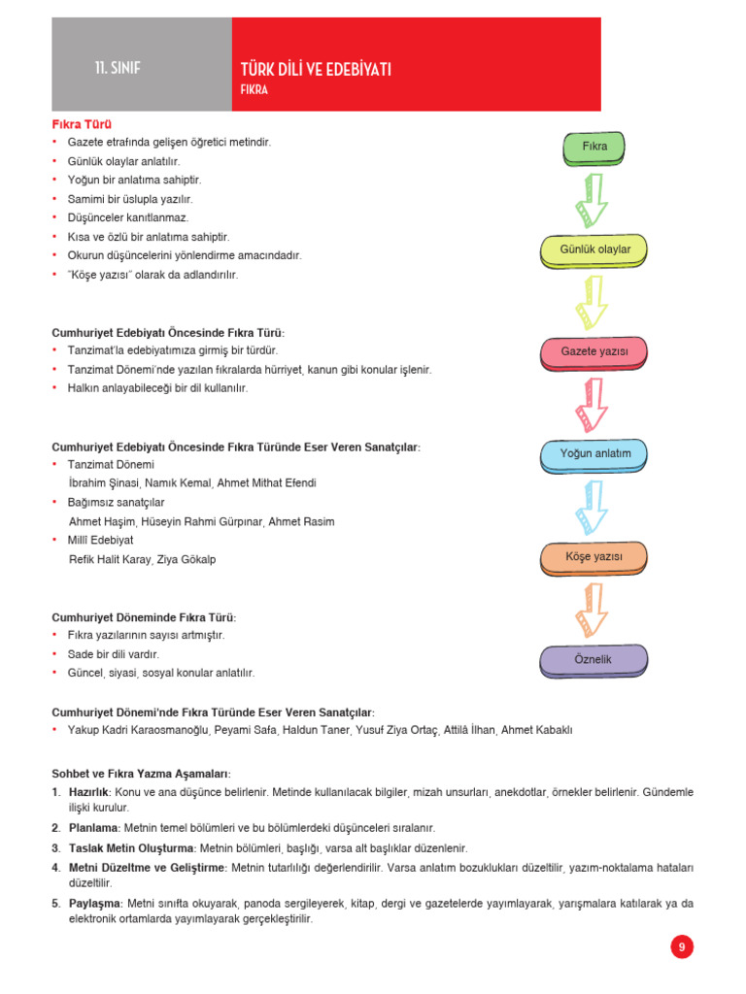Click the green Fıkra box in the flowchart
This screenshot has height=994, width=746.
[594, 147]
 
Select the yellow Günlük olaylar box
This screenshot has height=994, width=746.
[594, 250]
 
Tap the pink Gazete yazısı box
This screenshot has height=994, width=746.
[594, 351]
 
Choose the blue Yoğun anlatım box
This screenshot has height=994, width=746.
[594, 454]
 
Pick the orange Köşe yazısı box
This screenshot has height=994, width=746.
[594, 557]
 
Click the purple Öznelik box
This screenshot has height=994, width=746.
[594, 660]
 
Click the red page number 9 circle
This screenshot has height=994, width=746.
[682, 947]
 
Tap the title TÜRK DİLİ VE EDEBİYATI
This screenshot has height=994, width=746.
[316, 69]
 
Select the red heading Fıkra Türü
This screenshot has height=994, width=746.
[82, 124]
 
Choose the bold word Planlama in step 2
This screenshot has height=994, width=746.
[93, 828]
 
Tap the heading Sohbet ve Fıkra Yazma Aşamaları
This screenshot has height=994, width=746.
[141, 774]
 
